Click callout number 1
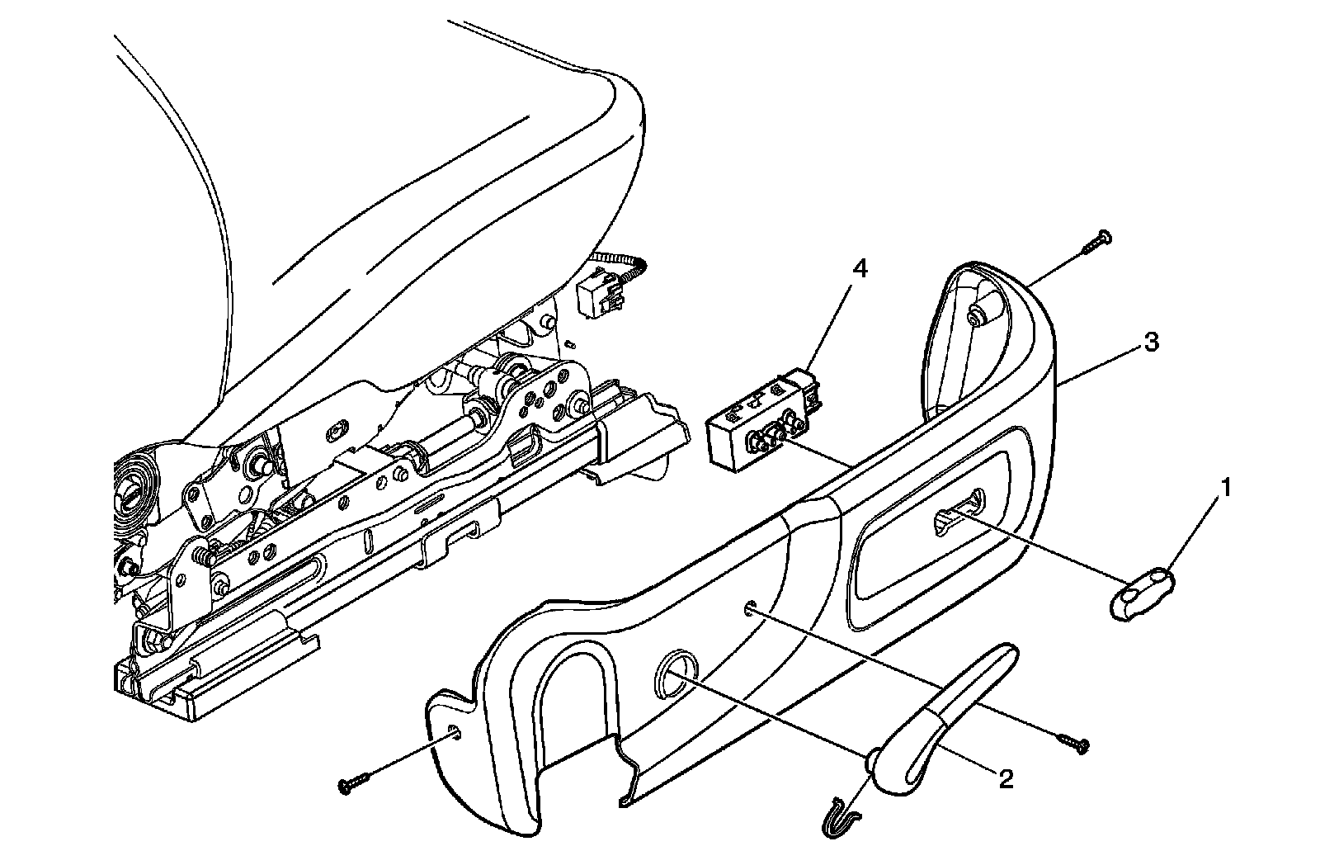click(x=1227, y=489)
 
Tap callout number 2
click(x=1005, y=778)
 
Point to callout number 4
click(x=860, y=269)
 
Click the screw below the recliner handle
click(x=1072, y=743)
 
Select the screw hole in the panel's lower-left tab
click(x=455, y=731)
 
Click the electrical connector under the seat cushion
click(x=599, y=295)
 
